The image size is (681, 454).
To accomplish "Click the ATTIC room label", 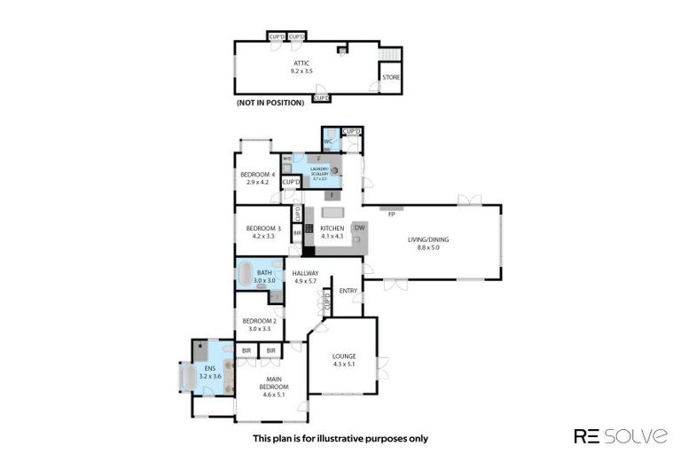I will (301, 62).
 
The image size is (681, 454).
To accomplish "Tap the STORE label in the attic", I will (390, 78).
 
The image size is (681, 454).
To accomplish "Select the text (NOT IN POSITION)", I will (270, 103).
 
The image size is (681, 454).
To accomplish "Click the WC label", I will (328, 141).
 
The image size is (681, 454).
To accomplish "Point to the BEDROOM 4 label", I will (258, 175).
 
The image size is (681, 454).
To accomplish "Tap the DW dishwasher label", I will (359, 228).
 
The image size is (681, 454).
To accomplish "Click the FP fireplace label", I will (391, 214).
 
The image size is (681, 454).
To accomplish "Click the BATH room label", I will (264, 272).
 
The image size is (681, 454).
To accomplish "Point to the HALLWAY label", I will (305, 273).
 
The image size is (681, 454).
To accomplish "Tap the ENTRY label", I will (348, 290).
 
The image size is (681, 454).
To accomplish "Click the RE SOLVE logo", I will (620, 435).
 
